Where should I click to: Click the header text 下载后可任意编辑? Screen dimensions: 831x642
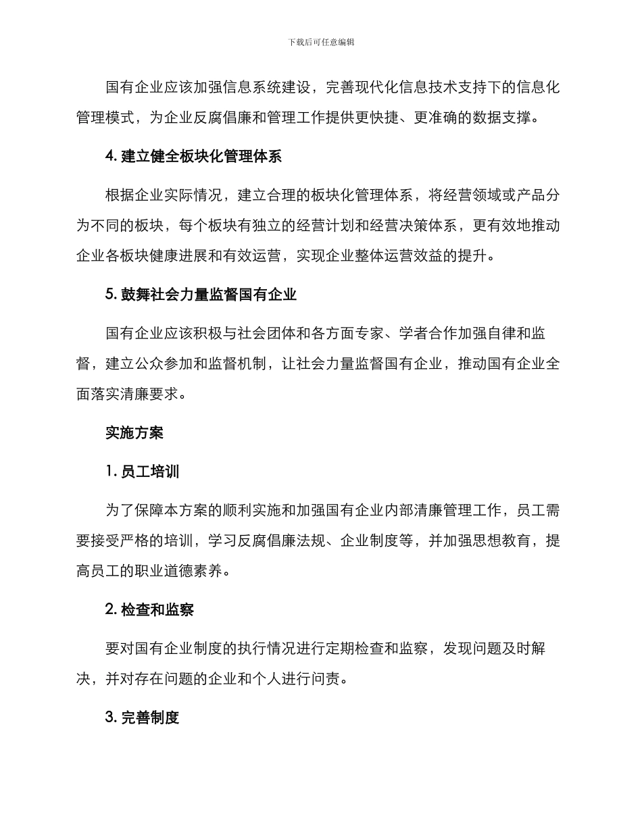point(321,42)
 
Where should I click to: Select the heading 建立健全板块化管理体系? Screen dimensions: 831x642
point(193,156)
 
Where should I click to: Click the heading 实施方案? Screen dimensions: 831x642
point(134,432)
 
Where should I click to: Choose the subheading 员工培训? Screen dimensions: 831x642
point(143,472)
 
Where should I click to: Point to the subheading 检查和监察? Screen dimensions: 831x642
point(149,609)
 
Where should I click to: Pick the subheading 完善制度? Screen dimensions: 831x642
point(143,717)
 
